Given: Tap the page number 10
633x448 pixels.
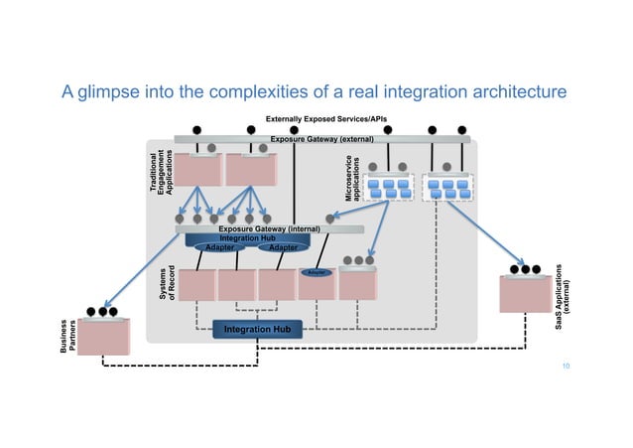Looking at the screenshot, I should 566,367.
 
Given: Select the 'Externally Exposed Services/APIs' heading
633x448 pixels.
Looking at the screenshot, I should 318,119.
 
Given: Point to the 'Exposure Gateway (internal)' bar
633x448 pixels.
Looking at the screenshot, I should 269,228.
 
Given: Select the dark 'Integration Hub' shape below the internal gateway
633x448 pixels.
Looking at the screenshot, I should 249,239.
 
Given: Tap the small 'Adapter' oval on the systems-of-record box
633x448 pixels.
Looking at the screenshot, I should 317,271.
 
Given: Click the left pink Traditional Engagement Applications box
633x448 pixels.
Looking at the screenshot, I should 195,171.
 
